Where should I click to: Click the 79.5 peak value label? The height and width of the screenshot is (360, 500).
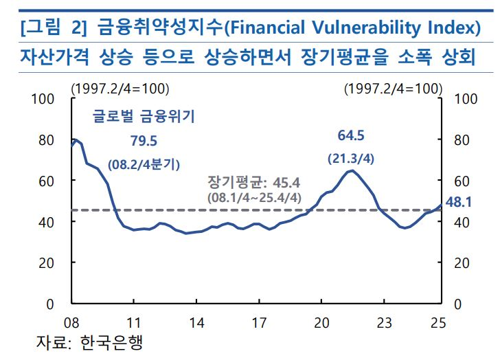pyautogui.click(x=144, y=141)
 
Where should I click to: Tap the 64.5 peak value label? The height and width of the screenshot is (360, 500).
pyautogui.click(x=351, y=135)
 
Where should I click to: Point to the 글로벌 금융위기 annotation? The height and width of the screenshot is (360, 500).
pyautogui.click(x=144, y=117)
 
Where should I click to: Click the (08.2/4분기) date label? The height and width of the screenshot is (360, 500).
pyautogui.click(x=144, y=164)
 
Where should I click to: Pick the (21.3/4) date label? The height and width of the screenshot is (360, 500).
pyautogui.click(x=351, y=159)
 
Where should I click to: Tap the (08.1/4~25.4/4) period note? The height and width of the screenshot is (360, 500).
pyautogui.click(x=253, y=197)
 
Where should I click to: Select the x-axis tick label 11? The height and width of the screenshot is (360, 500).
pyautogui.click(x=134, y=322)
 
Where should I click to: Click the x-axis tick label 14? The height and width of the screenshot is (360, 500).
pyautogui.click(x=196, y=322)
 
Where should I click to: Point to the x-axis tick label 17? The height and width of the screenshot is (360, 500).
pyautogui.click(x=259, y=322)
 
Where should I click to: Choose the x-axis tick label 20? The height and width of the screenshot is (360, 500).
pyautogui.click(x=321, y=322)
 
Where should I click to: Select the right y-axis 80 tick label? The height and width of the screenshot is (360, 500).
pyautogui.click(x=463, y=140)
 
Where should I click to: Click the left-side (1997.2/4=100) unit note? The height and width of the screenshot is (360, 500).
pyautogui.click(x=120, y=88)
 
